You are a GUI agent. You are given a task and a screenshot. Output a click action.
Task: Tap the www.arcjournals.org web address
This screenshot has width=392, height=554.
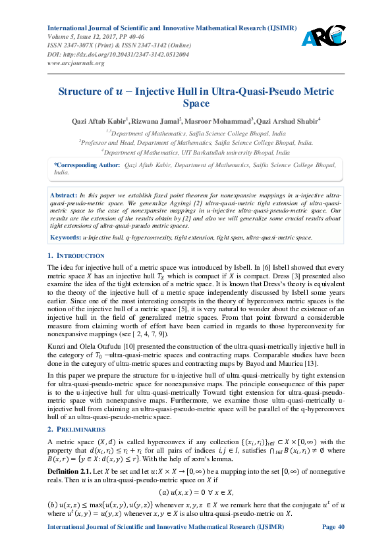click(x=76, y=63)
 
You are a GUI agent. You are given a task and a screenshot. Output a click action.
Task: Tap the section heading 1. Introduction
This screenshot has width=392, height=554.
click(x=76, y=255)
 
